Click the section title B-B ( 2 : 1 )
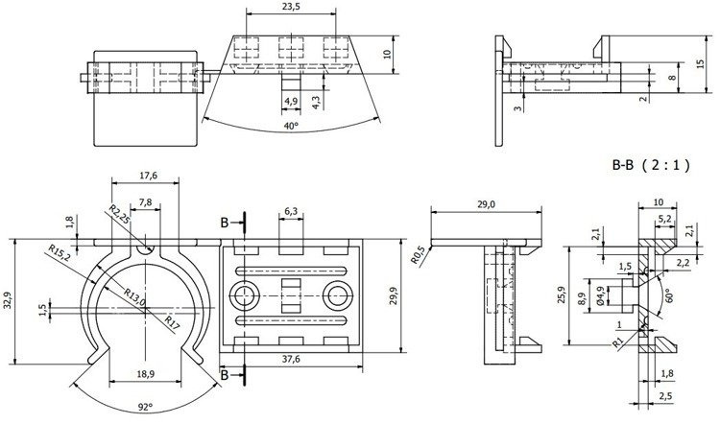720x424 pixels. point(652,164)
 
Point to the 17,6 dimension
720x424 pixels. point(147,175)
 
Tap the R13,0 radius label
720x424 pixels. point(132,299)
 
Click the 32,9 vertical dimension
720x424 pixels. point(9,300)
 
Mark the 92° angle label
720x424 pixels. point(145,408)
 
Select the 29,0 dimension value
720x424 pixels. point(486,203)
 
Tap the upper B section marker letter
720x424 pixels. point(224,223)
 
